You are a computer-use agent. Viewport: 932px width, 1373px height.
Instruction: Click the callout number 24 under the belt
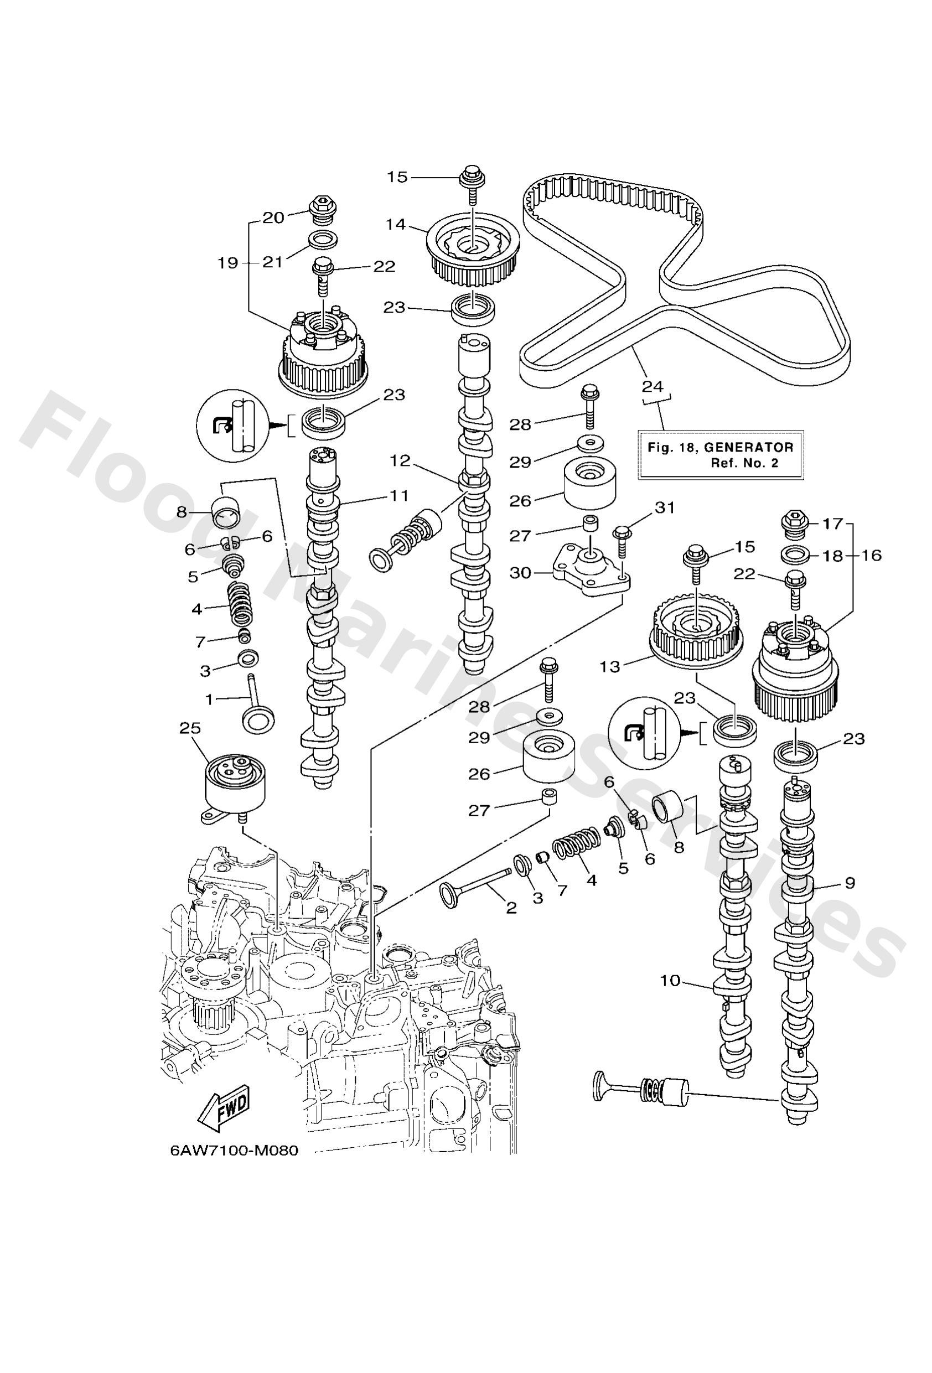click(x=653, y=387)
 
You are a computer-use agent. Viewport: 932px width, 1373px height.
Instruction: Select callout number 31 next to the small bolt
click(x=664, y=507)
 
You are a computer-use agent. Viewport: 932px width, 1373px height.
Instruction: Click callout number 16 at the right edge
click(x=871, y=556)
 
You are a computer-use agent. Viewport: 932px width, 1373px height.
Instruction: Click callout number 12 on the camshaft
click(x=400, y=461)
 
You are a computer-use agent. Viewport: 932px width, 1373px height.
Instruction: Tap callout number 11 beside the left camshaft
click(x=400, y=495)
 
